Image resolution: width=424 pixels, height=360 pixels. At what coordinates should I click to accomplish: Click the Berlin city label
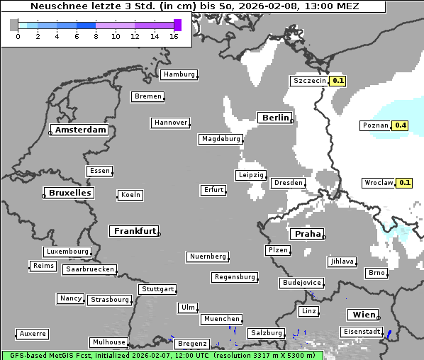pyautogui.click(x=275, y=118)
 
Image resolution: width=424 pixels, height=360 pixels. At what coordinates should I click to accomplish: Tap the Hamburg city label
pyautogui.click(x=178, y=74)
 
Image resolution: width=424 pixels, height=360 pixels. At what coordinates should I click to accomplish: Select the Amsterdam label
pyautogui.click(x=80, y=130)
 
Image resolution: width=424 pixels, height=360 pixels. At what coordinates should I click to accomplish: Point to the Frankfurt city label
pyautogui.click(x=134, y=231)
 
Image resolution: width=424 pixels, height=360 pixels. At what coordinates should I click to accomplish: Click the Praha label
pyautogui.click(x=308, y=234)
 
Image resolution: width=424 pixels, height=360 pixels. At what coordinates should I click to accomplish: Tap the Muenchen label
pyautogui.click(x=221, y=320)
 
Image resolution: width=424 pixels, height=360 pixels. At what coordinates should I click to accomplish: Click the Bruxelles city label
pyautogui.click(x=69, y=193)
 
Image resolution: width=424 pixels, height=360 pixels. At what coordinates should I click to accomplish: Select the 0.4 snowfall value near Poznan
pyautogui.click(x=401, y=125)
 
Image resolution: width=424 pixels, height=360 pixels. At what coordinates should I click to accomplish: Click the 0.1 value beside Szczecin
pyautogui.click(x=338, y=81)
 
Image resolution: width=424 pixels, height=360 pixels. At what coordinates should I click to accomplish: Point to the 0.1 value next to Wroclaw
pyautogui.click(x=405, y=183)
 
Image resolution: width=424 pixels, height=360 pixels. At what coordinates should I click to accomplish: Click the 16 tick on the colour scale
pyautogui.click(x=174, y=36)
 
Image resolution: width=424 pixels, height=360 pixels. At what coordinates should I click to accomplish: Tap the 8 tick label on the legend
pyautogui.click(x=96, y=36)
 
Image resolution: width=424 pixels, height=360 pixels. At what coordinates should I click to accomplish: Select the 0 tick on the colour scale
pyautogui.click(x=18, y=36)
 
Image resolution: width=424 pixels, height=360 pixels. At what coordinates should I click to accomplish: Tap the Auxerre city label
pyautogui.click(x=33, y=333)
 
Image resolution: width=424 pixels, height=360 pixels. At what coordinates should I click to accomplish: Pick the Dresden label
pyautogui.click(x=288, y=183)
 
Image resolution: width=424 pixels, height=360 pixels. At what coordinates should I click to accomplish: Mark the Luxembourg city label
pyautogui.click(x=67, y=252)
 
